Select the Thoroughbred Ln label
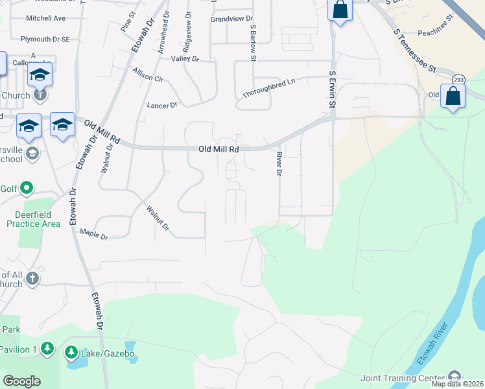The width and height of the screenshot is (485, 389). [x=268, y=89]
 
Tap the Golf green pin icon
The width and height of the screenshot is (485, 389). [x=26, y=189]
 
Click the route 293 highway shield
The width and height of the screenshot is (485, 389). [x=458, y=79]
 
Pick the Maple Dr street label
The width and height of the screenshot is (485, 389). [x=93, y=234]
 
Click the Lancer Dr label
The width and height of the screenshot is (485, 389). [x=162, y=105]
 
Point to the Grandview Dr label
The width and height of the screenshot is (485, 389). [x=231, y=19]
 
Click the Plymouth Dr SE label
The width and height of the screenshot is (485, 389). [x=45, y=39]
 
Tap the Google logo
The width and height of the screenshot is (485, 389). [x=21, y=381]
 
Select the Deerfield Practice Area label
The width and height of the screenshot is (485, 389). [x=34, y=219]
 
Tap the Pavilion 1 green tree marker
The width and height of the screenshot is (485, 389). [x=47, y=349]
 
